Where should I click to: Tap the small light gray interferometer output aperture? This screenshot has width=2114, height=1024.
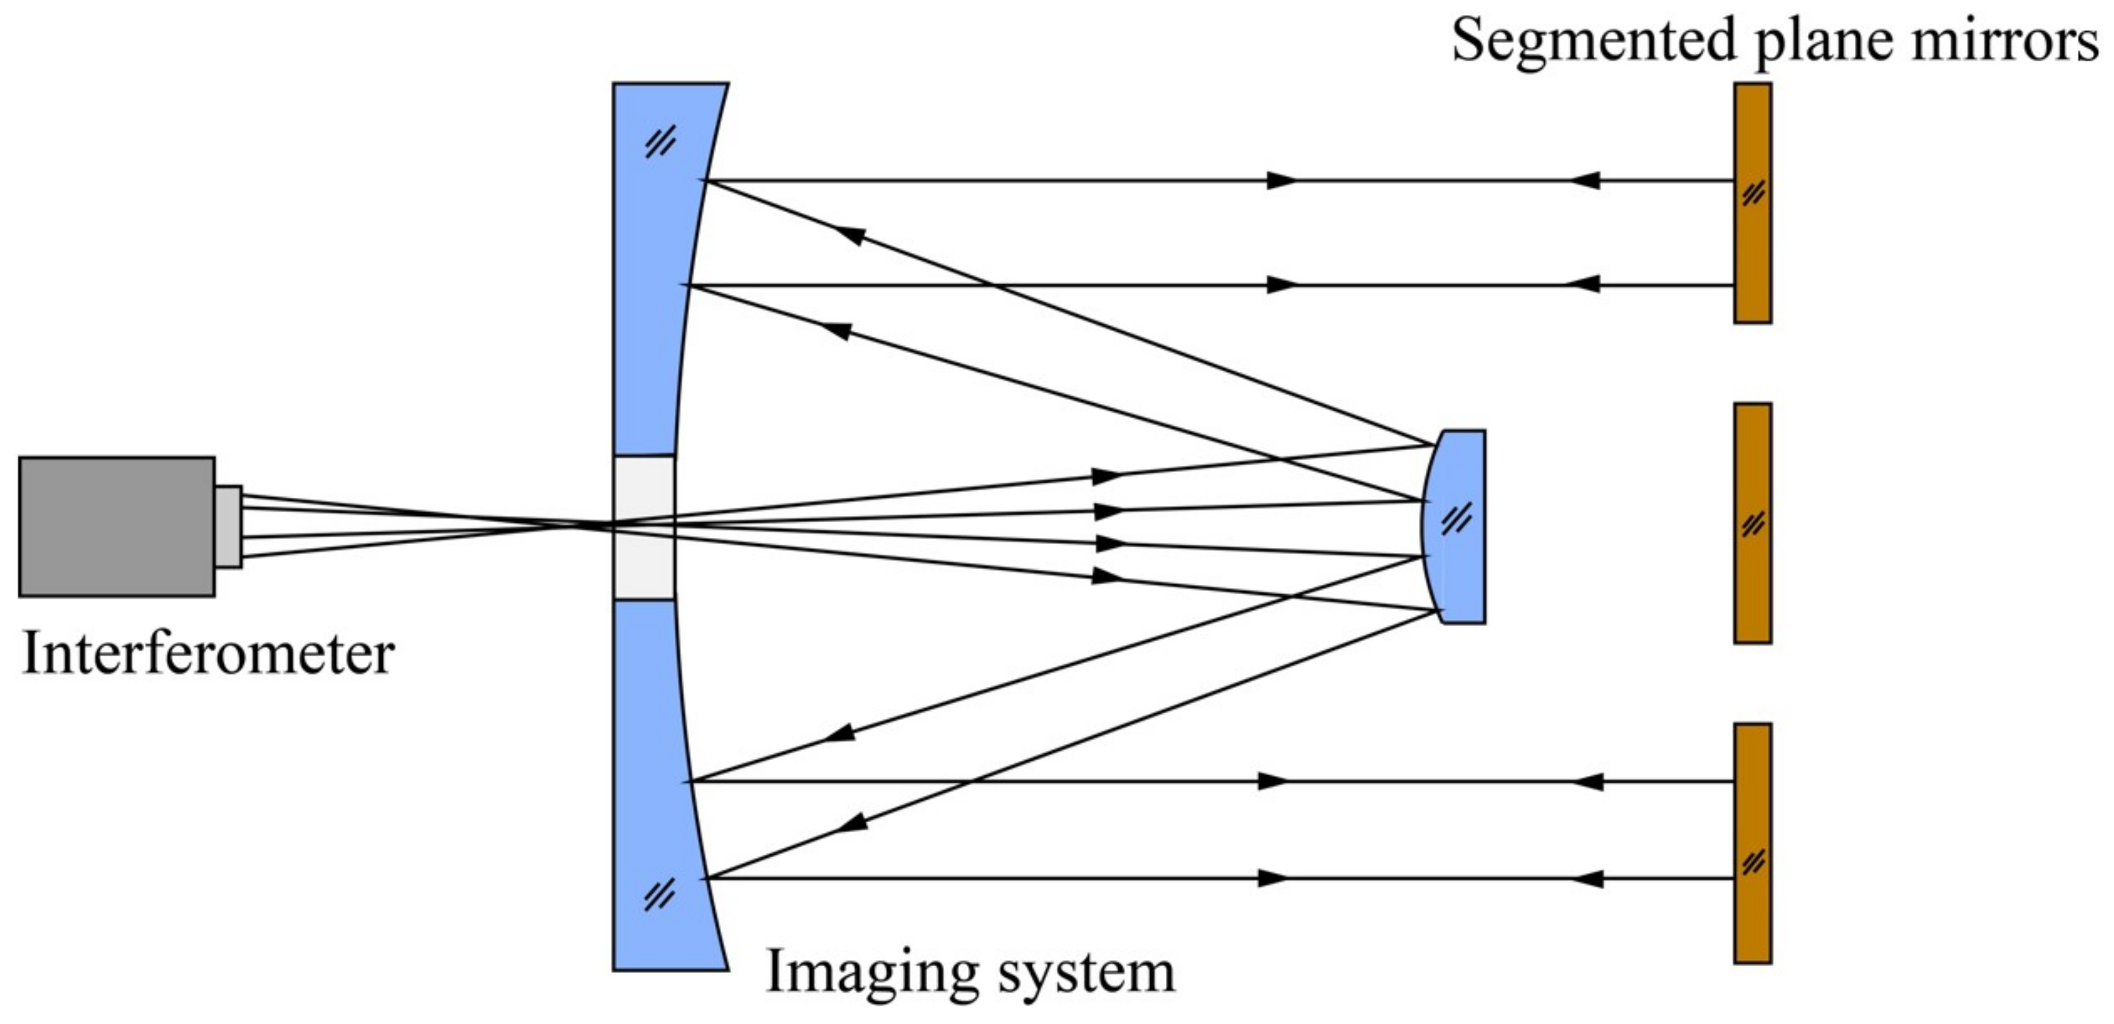(x=228, y=526)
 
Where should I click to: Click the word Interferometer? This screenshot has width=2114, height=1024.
(x=208, y=654)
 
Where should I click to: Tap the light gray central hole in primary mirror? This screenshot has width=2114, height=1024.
(x=644, y=527)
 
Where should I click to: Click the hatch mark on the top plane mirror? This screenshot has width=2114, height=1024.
(x=1753, y=194)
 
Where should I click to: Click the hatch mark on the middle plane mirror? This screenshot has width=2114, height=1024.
(x=1753, y=523)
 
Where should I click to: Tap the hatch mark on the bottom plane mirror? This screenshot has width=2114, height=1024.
(x=1753, y=862)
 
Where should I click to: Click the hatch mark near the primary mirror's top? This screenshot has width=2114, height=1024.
(x=660, y=143)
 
